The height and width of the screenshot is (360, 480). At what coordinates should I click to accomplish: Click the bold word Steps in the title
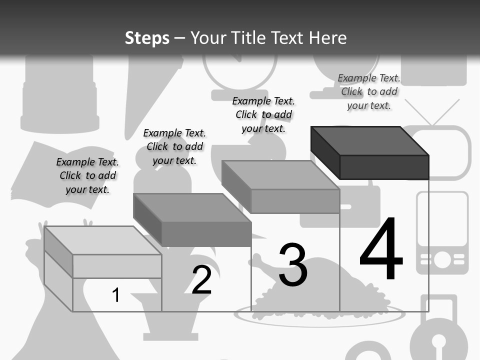[x=147, y=38]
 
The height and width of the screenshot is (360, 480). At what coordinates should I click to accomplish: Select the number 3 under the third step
[x=293, y=265]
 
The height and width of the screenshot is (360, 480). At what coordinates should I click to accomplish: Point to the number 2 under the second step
[x=202, y=280]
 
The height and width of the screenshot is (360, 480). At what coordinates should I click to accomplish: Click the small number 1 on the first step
[x=116, y=295]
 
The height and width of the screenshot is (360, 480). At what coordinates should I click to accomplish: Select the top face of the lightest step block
[x=103, y=240]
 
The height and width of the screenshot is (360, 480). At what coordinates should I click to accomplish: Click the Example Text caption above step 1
[x=87, y=175]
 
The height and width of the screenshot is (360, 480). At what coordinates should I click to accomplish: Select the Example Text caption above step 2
[x=174, y=146]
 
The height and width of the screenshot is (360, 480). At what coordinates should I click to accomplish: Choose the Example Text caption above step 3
[x=263, y=114]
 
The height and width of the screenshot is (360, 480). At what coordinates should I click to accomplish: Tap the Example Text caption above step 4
[x=369, y=91]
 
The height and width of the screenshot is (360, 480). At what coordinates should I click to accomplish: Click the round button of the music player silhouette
[x=442, y=259]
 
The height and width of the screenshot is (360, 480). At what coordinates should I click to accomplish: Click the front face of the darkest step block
[x=384, y=167]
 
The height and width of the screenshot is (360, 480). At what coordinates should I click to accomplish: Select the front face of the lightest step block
[x=117, y=266]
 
